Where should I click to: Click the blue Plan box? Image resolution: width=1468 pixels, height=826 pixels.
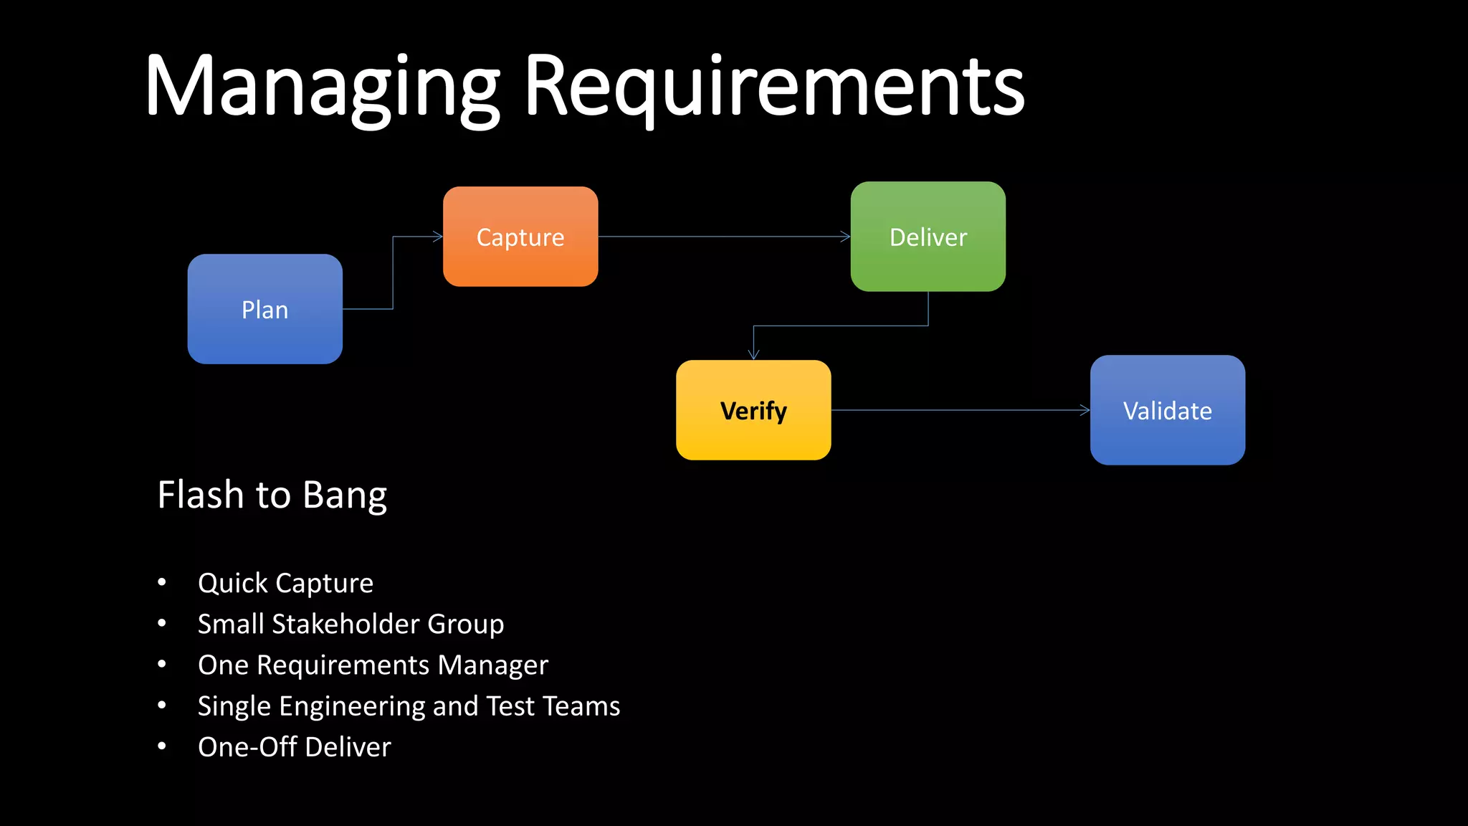(264, 309)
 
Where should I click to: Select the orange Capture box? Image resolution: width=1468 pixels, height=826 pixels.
(520, 237)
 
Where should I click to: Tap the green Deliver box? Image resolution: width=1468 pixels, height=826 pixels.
(928, 237)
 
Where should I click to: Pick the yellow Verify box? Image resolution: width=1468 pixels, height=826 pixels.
(753, 410)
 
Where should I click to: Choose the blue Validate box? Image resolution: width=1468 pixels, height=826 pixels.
(1167, 410)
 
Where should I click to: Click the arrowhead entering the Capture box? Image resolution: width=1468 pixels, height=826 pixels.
(438, 237)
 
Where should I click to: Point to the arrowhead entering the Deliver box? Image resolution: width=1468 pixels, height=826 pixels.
(845, 237)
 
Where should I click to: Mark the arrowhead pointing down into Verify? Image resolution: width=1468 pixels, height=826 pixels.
(753, 353)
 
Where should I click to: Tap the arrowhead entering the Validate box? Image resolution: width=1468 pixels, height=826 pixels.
(1085, 410)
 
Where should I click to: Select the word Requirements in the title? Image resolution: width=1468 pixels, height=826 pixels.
(774, 87)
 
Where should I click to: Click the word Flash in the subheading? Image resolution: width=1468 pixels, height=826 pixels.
(201, 495)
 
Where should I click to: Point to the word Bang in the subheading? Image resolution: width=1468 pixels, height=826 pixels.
(345, 496)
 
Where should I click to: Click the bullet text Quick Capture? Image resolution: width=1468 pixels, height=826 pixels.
(285, 584)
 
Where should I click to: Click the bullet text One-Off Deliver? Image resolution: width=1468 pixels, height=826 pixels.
(294, 747)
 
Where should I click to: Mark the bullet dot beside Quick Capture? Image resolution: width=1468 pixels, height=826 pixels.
(162, 582)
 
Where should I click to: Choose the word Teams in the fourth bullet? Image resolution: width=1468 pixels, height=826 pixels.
(581, 706)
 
